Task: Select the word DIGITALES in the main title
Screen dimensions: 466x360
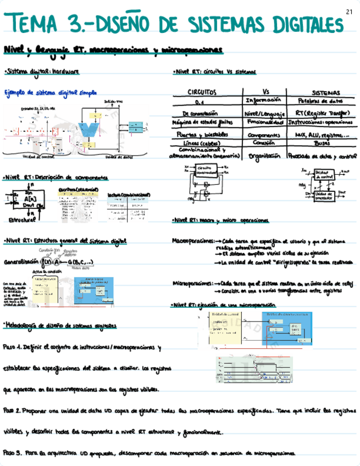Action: coord(299,25)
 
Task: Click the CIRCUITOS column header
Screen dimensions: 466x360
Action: coord(202,93)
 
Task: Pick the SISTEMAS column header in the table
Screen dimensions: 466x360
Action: coord(325,93)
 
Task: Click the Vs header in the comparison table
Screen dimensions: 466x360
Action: coord(265,92)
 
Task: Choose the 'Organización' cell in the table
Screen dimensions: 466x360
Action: coord(265,156)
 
